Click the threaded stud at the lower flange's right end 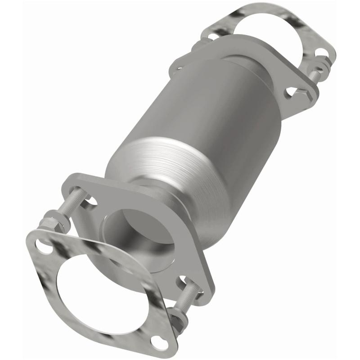coord(189,292)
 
